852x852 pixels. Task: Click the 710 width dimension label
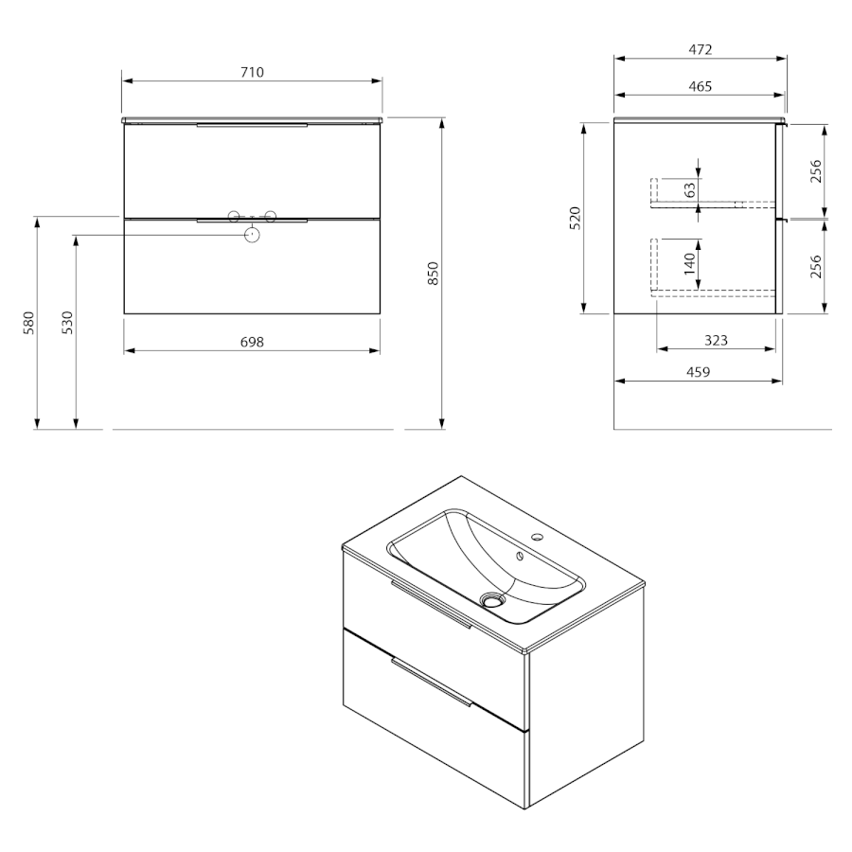(x=252, y=72)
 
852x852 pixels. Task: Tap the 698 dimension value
(x=252, y=342)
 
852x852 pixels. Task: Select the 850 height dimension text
(x=433, y=274)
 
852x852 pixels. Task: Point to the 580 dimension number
(x=28, y=323)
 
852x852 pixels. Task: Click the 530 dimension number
(x=67, y=323)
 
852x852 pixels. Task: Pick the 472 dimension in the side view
(x=701, y=49)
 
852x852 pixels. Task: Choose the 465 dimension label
(x=701, y=86)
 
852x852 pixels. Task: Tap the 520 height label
(x=576, y=219)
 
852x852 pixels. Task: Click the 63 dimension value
(x=689, y=190)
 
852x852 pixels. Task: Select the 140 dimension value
(x=689, y=263)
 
